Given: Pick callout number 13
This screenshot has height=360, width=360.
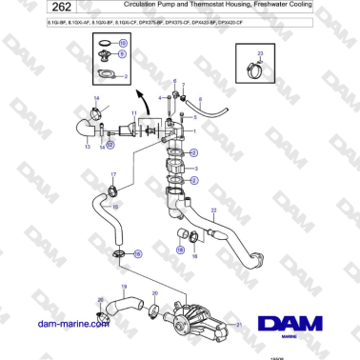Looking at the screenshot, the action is point(87,148).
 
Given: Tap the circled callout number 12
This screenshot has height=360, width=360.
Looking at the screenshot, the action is point(110,144).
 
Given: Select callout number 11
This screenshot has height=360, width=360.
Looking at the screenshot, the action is point(134,114).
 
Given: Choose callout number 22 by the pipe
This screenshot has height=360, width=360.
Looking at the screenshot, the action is point(213,209).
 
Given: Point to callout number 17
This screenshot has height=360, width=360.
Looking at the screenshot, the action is point(113,175).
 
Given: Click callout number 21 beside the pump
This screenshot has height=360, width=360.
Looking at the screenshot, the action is point(239,324).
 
